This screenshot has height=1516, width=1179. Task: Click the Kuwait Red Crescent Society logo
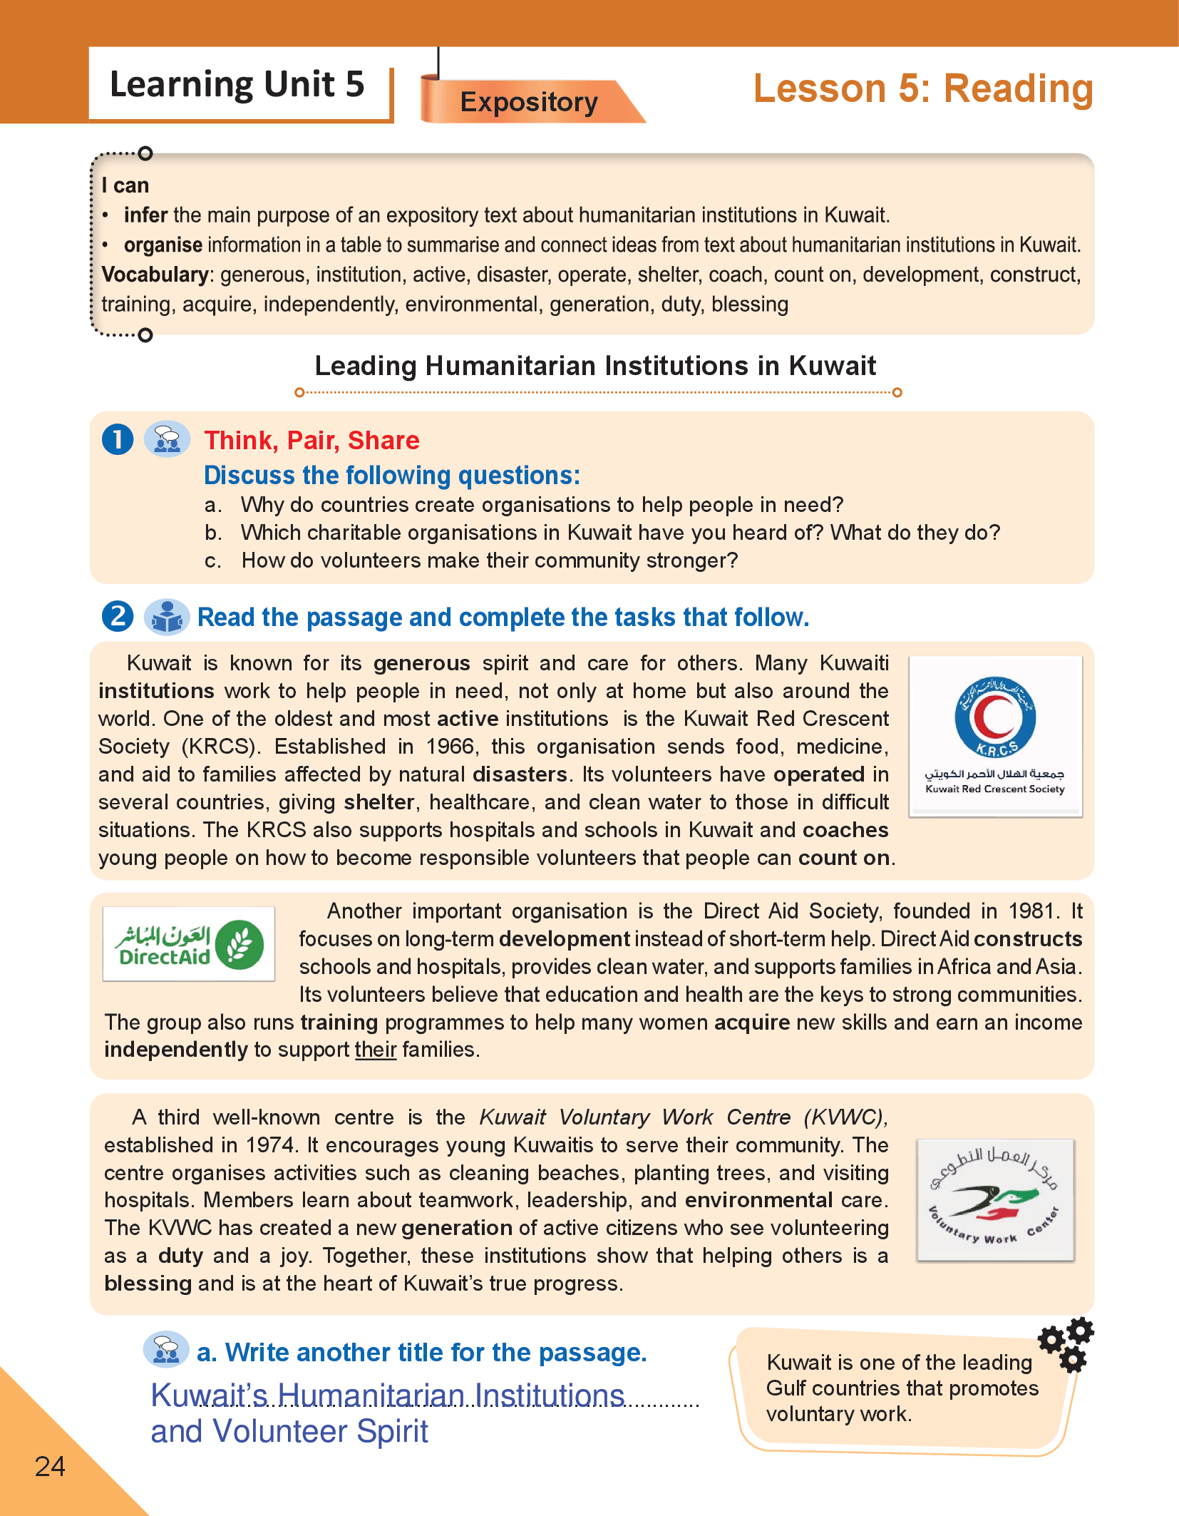(995, 735)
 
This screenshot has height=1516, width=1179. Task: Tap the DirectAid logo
(189, 944)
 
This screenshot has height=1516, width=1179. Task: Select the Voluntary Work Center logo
(995, 1200)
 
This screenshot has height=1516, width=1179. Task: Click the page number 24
(50, 1466)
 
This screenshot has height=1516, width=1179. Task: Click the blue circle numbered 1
(118, 439)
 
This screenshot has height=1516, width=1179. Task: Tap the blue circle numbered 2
(118, 616)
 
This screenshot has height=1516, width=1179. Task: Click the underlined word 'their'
(375, 1050)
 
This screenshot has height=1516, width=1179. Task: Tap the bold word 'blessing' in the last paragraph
(148, 1284)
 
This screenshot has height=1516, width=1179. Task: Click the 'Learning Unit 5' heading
(237, 84)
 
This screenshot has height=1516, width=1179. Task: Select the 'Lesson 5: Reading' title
(923, 89)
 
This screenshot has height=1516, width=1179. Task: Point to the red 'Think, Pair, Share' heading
(312, 441)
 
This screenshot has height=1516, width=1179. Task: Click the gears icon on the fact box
(1067, 1343)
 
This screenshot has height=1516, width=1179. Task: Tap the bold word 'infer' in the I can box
(145, 215)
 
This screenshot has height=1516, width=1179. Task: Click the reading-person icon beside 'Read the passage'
(167, 617)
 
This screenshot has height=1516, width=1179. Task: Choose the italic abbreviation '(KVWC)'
(845, 1117)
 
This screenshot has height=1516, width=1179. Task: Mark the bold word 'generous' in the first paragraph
(421, 663)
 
